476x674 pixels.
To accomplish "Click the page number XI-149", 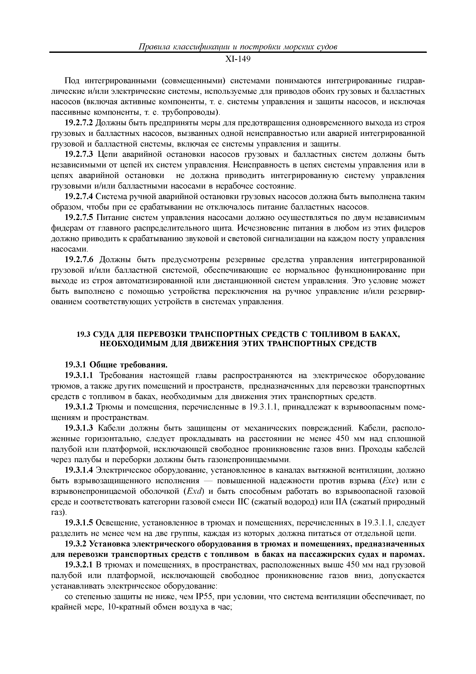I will [238, 60].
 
